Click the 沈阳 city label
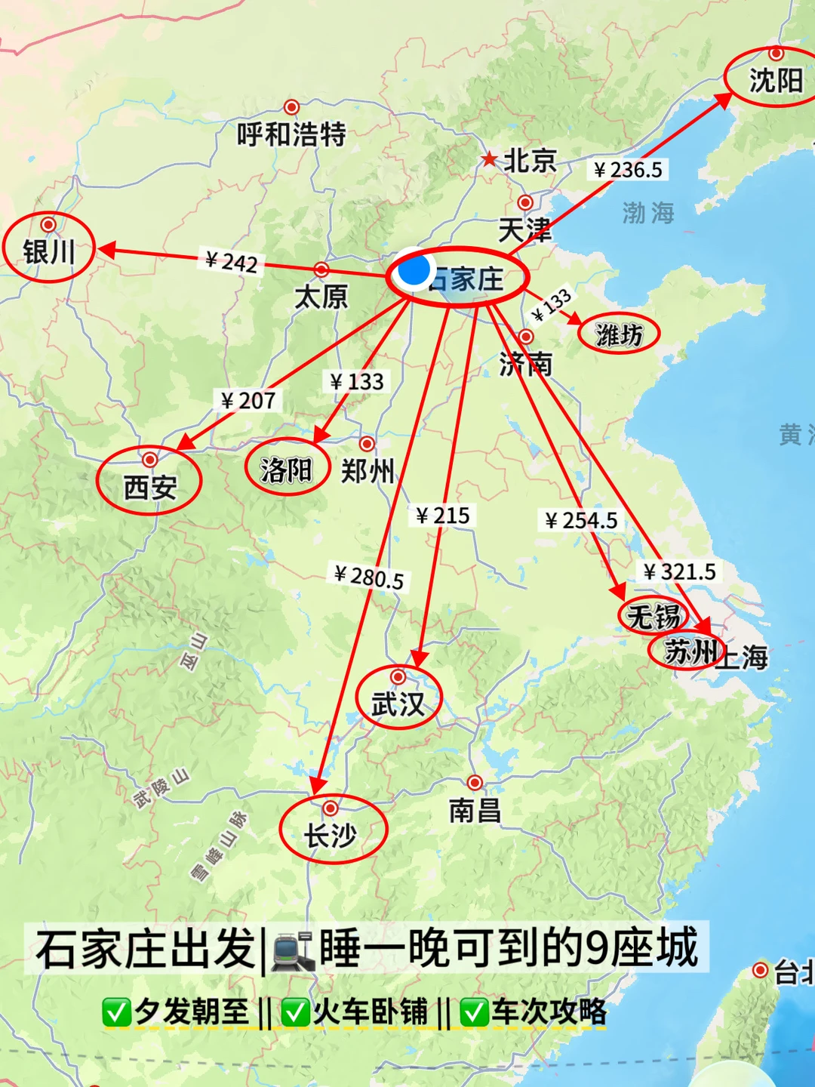pos(776,80)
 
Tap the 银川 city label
pos(48,251)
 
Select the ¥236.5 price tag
pos(628,170)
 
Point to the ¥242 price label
pos(232,261)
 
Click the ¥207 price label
pos(248,400)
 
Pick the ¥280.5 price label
pos(369,577)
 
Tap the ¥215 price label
pos(443,516)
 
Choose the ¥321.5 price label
pos(679,571)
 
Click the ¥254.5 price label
pos(581,520)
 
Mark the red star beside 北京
pos(490,159)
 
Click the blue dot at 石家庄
pos(414,270)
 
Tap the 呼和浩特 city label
pos(291,134)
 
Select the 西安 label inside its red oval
pos(150,488)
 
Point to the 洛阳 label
pos(286,470)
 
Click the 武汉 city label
pos(398,704)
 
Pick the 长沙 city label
pos(331,836)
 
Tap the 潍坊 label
pos(619,334)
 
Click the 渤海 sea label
pos(648,213)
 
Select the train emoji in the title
pos(293,950)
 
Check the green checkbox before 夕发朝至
pos(116,1012)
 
